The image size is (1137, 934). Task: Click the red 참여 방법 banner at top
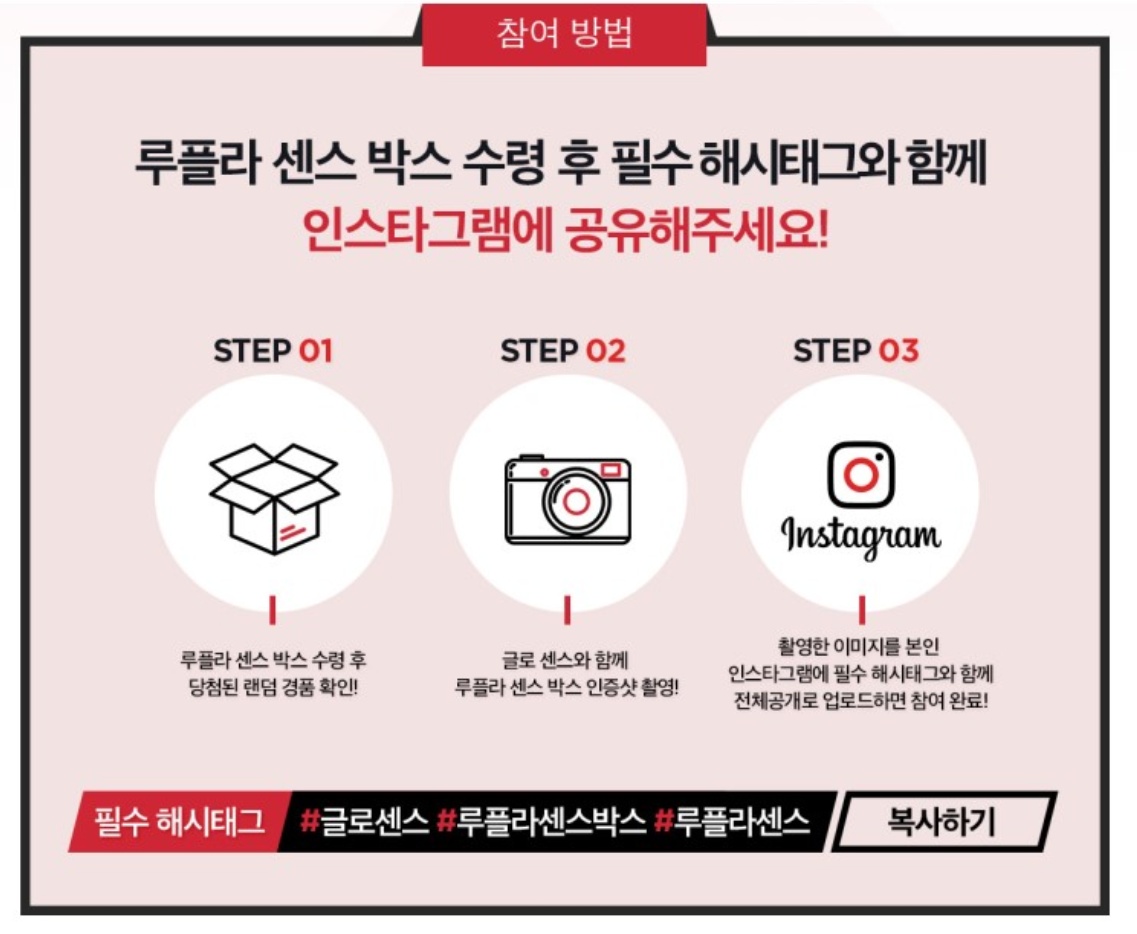pos(564,34)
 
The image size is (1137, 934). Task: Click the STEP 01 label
pos(273,351)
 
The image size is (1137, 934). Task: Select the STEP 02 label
pos(563,351)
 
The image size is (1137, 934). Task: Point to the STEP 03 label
pos(856,351)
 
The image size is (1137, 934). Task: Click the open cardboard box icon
pos(273,499)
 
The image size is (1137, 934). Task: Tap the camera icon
pos(567,500)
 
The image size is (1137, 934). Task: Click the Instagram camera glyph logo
pos(861,474)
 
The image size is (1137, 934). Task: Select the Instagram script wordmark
pos(861,537)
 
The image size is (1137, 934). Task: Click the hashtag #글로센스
pos(364,822)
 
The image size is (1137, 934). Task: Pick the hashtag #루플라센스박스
pos(541,822)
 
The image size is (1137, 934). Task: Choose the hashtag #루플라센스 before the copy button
pos(731,822)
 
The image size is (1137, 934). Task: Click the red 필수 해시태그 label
pos(179,822)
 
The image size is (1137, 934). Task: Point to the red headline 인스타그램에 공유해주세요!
pos(565,231)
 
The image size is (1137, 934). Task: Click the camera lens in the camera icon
pos(576,502)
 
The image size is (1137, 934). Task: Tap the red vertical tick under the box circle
pos(273,610)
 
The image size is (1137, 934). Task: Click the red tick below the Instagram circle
pos(861,610)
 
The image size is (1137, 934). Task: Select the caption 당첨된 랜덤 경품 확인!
pos(273,687)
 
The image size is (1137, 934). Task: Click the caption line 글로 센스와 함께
pos(566,660)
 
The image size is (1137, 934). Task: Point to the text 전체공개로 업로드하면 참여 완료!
pos(861,701)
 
